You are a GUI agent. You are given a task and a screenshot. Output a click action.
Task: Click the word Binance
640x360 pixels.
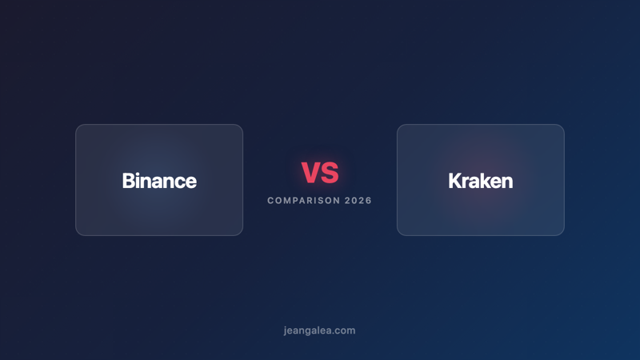coord(159,181)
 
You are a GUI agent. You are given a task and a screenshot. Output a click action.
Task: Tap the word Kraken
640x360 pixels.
coord(480,181)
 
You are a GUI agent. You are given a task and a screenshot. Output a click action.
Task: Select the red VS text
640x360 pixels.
coord(320,172)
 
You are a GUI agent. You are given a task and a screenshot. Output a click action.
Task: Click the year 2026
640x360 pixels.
coord(358,201)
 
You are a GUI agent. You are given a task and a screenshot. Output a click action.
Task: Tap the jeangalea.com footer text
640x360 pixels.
coord(319,330)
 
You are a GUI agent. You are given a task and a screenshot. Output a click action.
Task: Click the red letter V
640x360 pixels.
coord(310,172)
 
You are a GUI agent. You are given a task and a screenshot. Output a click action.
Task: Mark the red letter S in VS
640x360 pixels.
coord(330,172)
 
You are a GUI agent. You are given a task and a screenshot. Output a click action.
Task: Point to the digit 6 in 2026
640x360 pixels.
coord(369,201)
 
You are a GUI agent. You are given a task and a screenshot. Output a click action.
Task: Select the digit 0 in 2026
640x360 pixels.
coord(354,201)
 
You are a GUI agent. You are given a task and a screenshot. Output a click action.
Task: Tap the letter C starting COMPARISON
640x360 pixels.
coord(270,201)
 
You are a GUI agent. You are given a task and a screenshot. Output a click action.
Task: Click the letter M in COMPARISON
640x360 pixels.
coord(287,201)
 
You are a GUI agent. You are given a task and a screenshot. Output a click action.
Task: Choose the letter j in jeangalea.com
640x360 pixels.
coord(285,330)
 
